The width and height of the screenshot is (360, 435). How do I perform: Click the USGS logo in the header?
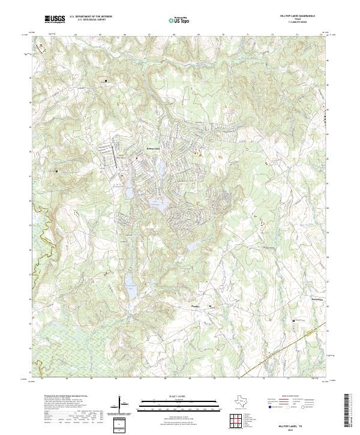pos(54,20)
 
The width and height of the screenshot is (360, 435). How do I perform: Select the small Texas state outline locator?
pos(242,402)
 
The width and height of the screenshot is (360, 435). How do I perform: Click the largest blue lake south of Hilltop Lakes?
pos(157,205)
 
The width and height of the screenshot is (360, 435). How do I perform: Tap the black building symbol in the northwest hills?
pos(106,80)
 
